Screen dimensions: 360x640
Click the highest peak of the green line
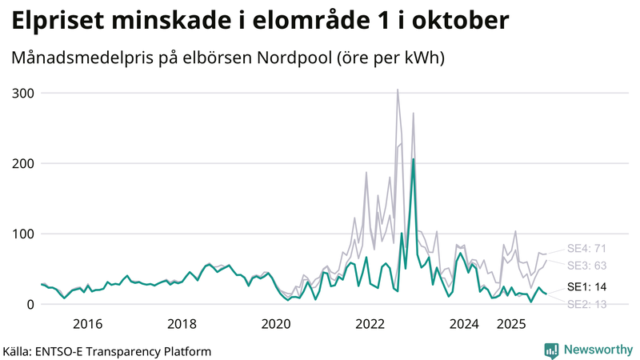[x=413, y=159]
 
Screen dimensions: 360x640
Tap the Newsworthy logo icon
[x=551, y=350]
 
